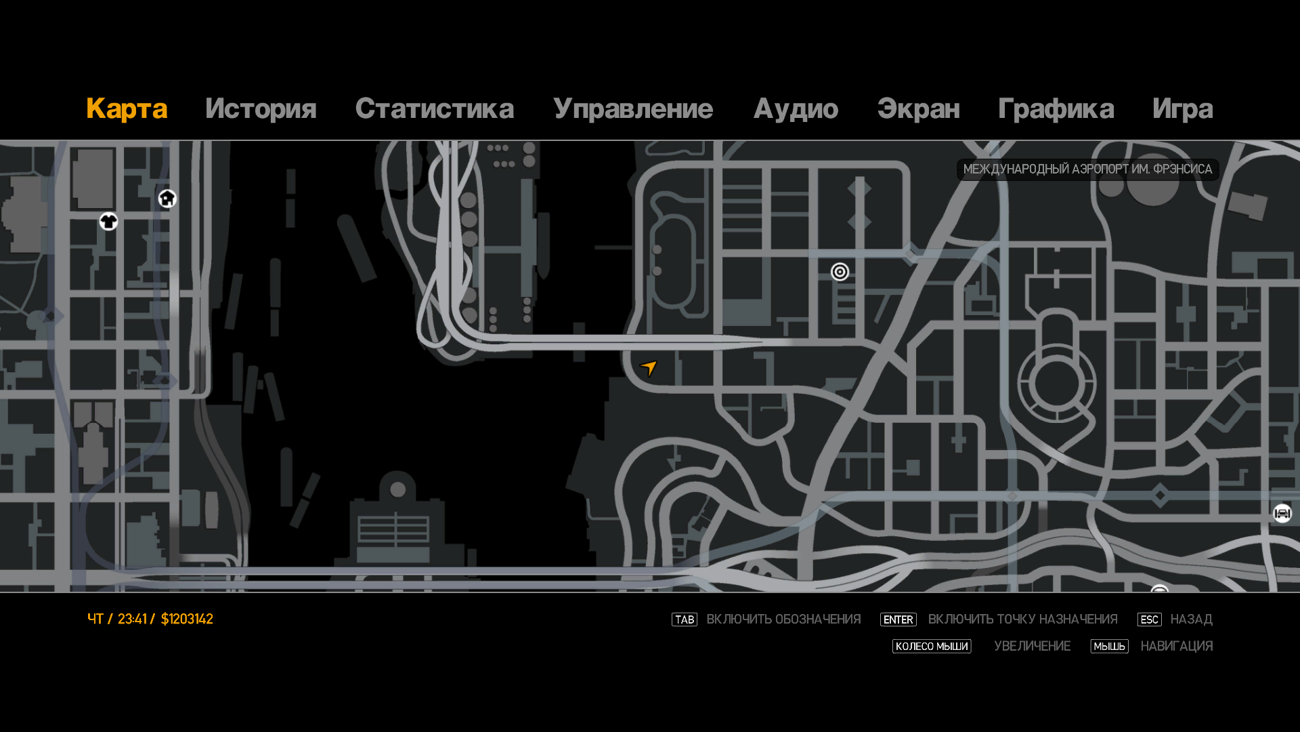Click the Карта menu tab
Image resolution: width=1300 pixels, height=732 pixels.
point(127,109)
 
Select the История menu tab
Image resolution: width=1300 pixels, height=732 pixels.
point(261,109)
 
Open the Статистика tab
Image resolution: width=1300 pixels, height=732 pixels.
point(434,109)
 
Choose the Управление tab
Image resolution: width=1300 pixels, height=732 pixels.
point(633,109)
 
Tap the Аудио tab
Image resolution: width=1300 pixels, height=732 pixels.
point(796,109)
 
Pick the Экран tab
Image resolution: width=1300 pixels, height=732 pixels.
point(918,109)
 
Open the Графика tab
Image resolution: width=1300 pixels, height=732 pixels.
point(1056,109)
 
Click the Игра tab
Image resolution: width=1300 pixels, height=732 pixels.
point(1182,109)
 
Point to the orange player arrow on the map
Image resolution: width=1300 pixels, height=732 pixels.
point(649,367)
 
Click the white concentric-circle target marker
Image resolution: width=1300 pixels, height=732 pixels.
point(840,272)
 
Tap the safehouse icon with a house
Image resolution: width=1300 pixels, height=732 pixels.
point(167,199)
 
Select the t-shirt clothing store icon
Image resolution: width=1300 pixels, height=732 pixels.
point(108,222)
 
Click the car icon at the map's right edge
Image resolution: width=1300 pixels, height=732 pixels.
point(1282,514)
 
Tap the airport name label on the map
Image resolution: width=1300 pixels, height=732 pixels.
point(1087,169)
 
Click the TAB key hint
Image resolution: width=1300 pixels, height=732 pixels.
point(684,619)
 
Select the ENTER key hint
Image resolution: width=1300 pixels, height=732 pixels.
point(898,619)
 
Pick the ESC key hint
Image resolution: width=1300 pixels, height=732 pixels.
point(1149,619)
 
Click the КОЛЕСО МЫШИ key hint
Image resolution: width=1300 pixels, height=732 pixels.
point(931,647)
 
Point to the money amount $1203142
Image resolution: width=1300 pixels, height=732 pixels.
point(187,619)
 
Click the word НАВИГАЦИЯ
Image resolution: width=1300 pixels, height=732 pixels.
point(1176,647)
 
